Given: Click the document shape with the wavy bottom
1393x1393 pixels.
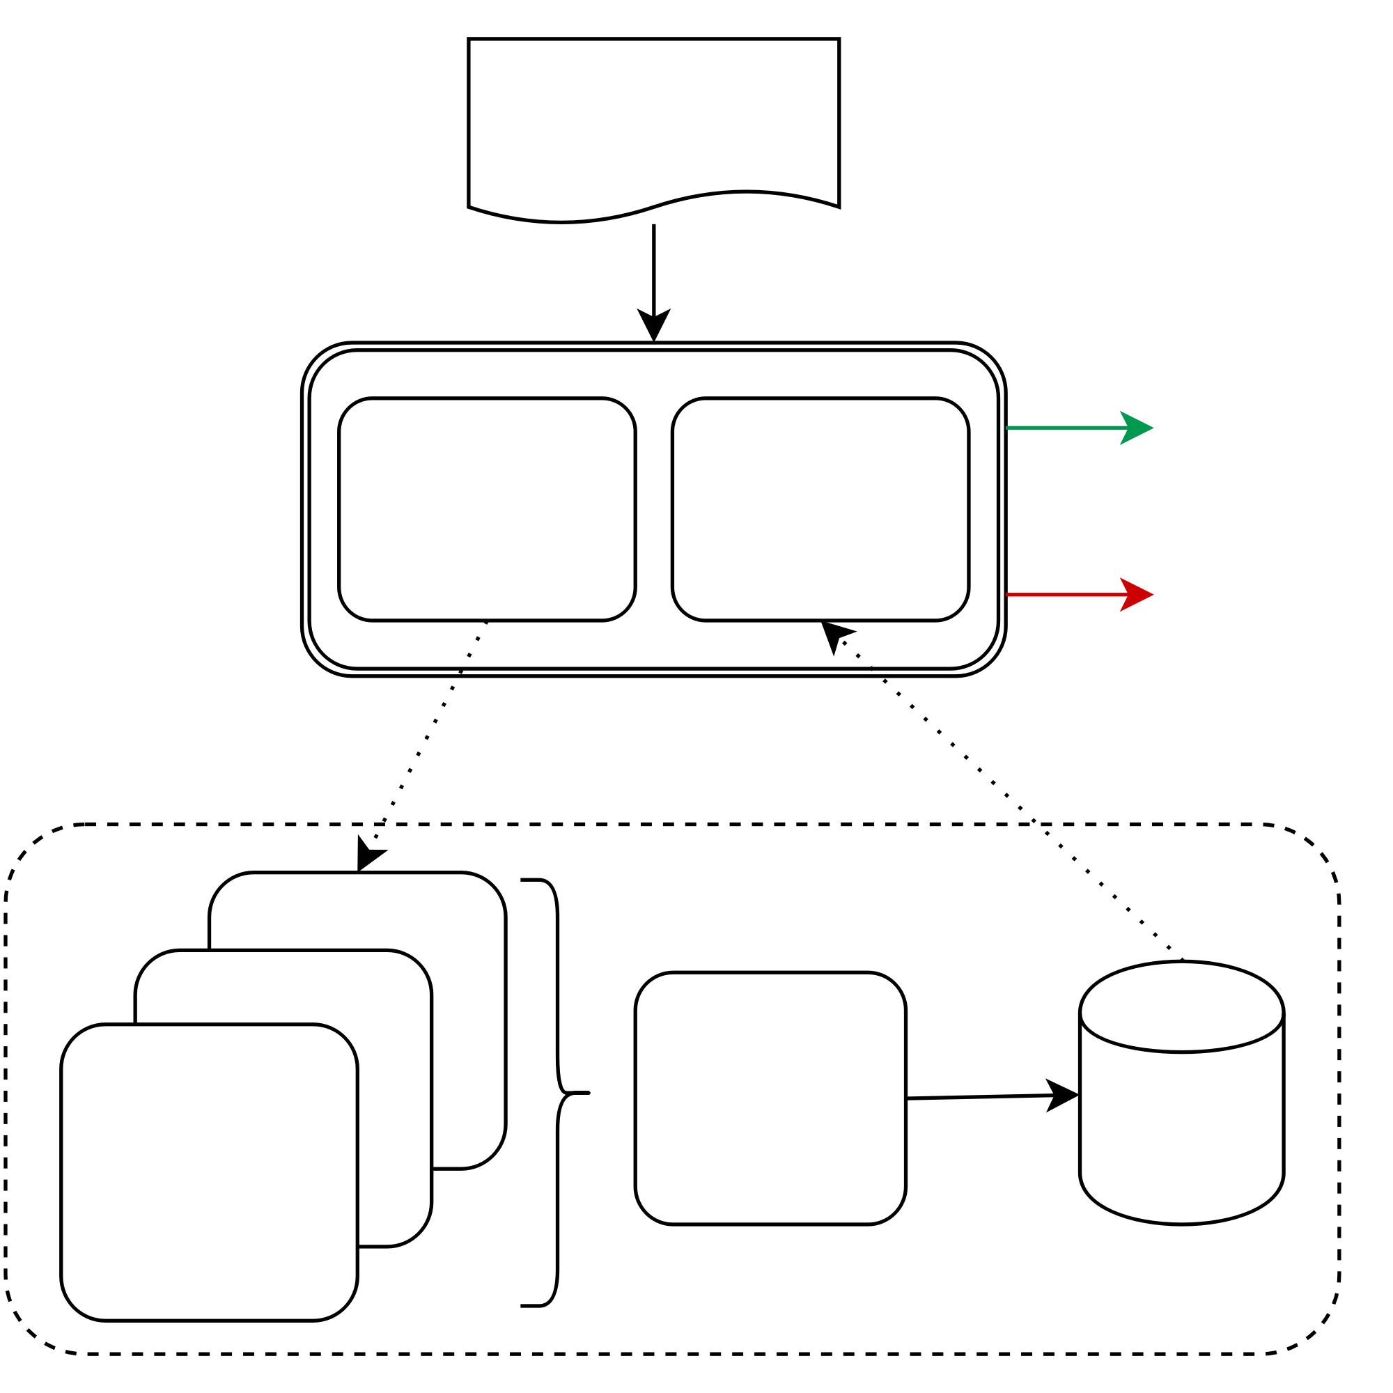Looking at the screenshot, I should [653, 123].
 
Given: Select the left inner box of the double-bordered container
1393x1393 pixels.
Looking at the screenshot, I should [487, 509].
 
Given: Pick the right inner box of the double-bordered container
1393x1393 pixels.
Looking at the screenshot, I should [820, 509].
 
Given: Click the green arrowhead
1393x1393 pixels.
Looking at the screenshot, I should [1138, 428].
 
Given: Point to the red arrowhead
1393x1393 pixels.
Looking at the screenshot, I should [1138, 595].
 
